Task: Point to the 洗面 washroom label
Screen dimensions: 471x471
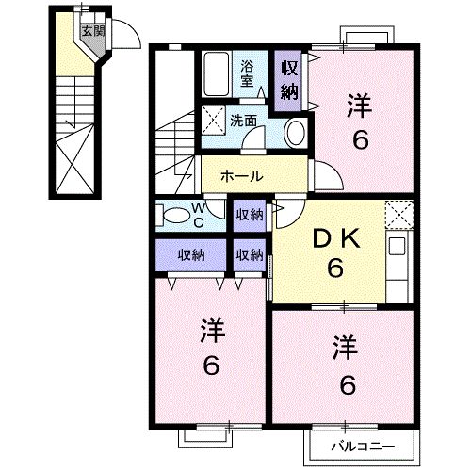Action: pos(244,121)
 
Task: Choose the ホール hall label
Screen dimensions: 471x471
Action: pos(242,176)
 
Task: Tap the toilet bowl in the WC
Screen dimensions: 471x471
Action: pos(174,215)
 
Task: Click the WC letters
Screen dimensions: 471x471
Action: pos(200,214)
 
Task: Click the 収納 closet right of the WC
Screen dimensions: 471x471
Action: pos(250,215)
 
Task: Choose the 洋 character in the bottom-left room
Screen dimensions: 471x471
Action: pos(211,332)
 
